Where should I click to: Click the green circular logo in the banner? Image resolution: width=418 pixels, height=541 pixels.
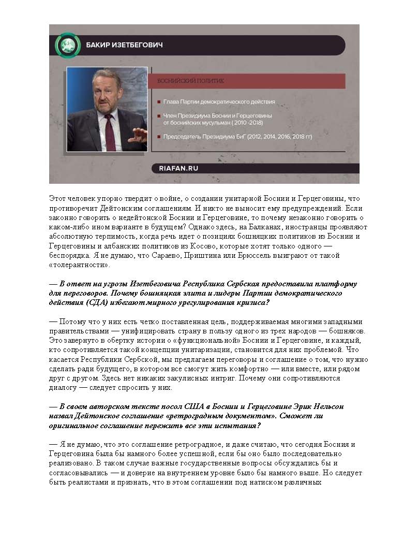click(x=68, y=45)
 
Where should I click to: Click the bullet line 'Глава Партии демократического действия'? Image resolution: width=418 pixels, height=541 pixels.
click(x=219, y=102)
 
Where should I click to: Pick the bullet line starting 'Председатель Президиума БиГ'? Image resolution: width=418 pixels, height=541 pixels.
click(x=237, y=137)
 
